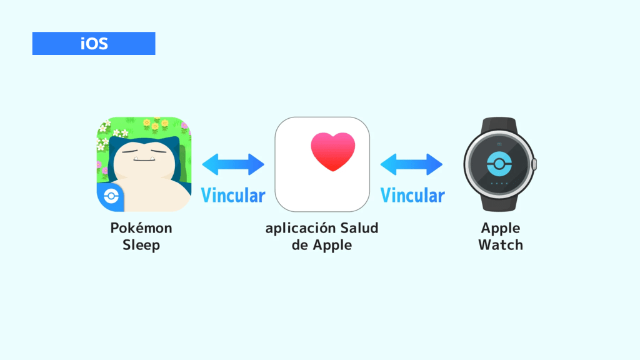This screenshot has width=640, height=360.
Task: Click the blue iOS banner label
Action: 94,44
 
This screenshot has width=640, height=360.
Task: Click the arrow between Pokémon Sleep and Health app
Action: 233,164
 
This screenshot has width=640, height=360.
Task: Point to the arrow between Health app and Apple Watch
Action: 412,164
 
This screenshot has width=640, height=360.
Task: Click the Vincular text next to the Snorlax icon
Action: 233,196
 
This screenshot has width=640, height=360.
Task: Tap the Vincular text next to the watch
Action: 412,196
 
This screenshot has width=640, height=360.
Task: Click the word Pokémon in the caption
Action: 141,229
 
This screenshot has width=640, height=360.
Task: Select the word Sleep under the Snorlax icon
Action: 141,245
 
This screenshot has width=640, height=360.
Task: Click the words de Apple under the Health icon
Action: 322,245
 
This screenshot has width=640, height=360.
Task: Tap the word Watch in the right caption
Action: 501,245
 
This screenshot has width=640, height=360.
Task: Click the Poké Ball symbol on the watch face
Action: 499,164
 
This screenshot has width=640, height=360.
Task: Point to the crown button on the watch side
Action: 534,164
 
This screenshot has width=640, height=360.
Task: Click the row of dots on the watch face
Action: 499,184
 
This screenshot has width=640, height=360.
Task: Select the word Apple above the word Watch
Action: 501,229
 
